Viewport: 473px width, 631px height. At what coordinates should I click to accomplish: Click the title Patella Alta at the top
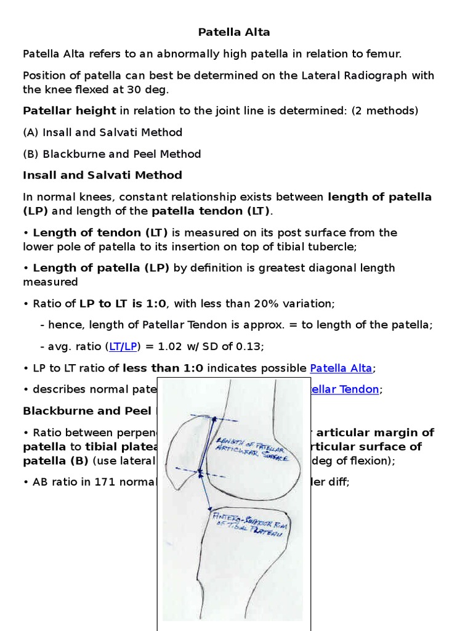pos(233,32)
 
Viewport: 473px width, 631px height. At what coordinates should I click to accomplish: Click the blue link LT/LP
pos(123,346)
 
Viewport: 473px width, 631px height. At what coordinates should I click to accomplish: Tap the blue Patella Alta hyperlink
pos(341,368)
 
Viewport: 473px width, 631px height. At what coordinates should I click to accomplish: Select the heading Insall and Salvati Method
pos(102,175)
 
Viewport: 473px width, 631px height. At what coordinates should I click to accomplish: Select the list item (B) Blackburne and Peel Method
pos(111,154)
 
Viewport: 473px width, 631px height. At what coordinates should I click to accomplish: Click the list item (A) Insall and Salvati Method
pos(102,132)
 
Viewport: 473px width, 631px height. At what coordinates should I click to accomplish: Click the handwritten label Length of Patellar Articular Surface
pos(246,449)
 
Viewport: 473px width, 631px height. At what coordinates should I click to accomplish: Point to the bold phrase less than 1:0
pos(163,368)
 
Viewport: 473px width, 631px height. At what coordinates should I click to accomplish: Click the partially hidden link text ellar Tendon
pos(345,389)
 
